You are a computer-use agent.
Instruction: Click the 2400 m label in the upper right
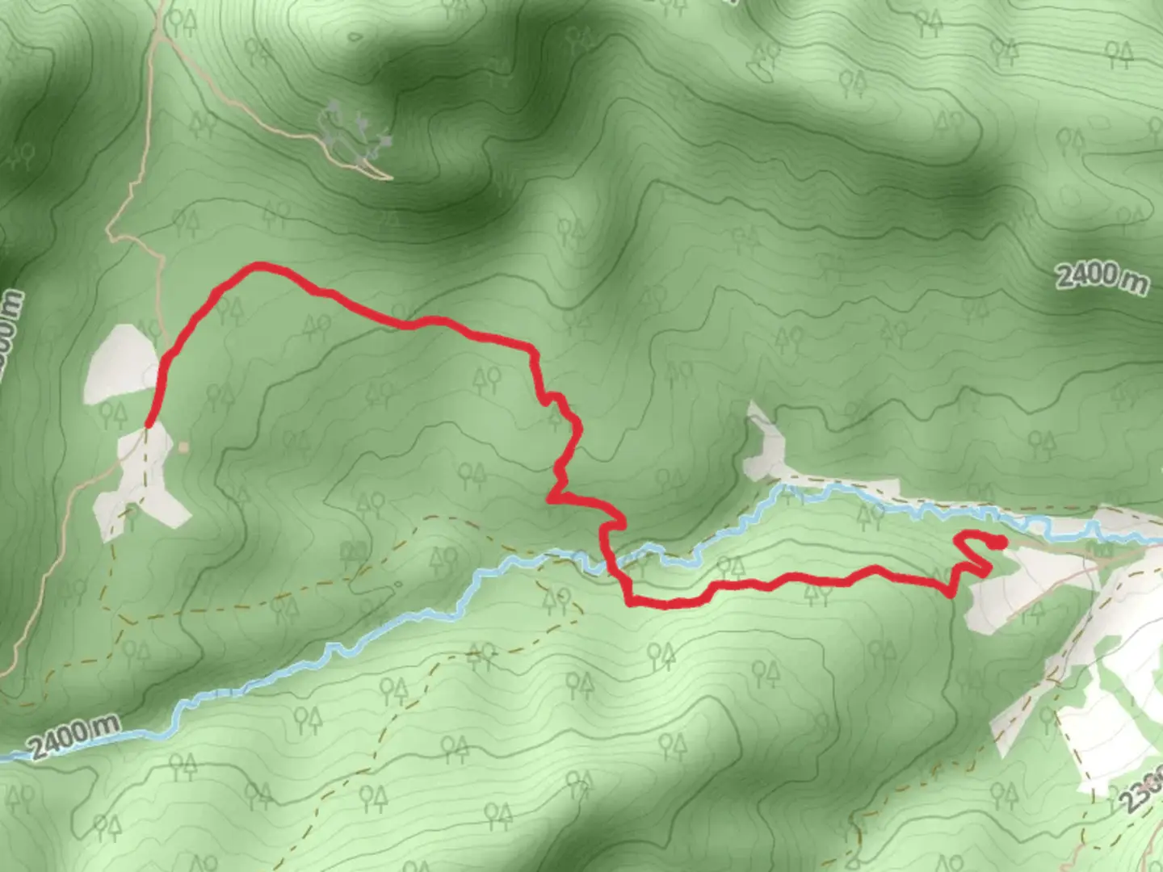[x=1102, y=277]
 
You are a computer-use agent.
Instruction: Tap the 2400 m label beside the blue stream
[x=75, y=736]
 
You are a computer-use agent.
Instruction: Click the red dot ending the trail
[x=1000, y=542]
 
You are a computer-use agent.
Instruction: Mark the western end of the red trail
[x=149, y=424]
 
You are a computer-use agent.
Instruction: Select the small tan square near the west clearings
[x=184, y=446]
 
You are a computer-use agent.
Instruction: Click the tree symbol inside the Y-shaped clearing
[x=129, y=514]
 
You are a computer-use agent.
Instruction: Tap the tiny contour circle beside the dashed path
[x=397, y=585]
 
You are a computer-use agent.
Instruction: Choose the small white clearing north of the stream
[x=764, y=444]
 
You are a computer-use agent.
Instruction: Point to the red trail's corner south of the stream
[x=630, y=601]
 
